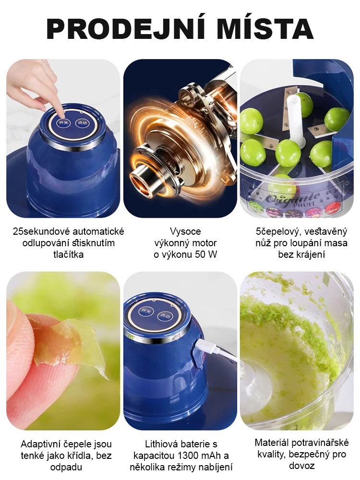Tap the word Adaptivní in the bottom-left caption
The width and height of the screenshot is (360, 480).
click(41, 444)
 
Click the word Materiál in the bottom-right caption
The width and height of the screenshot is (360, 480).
click(274, 443)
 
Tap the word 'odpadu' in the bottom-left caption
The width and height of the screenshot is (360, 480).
click(66, 467)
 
